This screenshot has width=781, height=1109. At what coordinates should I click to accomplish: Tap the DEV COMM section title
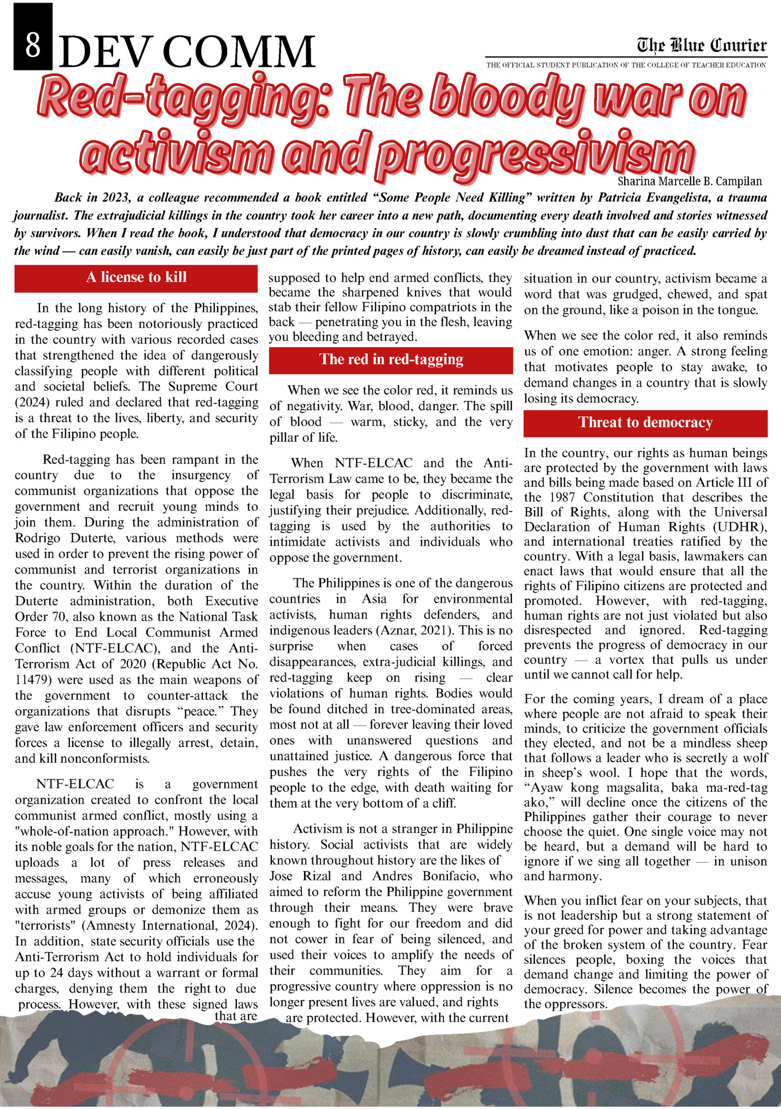[186, 52]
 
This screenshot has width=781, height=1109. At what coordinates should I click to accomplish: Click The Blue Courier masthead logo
[701, 45]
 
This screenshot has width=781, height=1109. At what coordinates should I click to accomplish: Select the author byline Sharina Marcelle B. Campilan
[689, 181]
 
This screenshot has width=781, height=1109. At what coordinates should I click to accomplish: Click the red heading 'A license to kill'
[136, 277]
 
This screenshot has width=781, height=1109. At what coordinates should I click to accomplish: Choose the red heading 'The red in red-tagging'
[391, 359]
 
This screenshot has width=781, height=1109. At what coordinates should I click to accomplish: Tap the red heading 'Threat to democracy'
[645, 422]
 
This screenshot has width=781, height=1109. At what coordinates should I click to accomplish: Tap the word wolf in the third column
[757, 758]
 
